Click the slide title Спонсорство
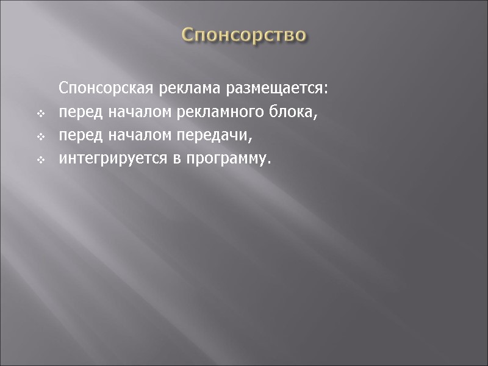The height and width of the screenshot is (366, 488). point(244,35)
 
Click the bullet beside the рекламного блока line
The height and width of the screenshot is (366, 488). point(40,114)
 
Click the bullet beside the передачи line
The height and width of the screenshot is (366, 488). point(40,137)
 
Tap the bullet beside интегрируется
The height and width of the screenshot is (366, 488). point(40,160)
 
